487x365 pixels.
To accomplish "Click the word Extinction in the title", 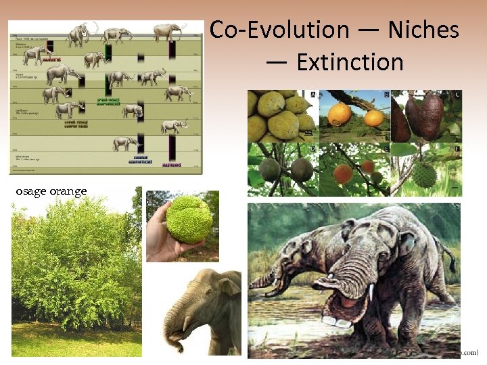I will (x=350, y=62).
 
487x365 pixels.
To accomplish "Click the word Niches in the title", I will (x=423, y=30).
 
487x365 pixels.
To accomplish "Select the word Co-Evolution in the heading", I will (x=279, y=30).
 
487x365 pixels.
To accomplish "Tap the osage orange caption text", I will (x=51, y=192).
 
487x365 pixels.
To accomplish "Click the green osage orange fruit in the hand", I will (x=190, y=220).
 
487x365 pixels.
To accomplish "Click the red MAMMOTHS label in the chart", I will (x=52, y=59).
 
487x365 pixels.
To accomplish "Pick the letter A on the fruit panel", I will (x=313, y=95).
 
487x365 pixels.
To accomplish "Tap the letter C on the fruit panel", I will (x=458, y=95).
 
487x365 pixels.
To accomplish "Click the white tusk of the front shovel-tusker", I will (x=371, y=293).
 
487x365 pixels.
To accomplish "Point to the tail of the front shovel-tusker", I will (x=447, y=253).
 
